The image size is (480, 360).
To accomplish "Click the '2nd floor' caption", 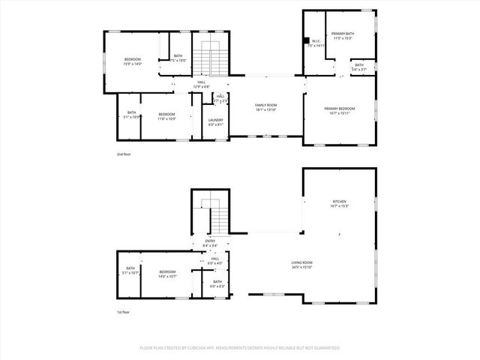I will [124, 154].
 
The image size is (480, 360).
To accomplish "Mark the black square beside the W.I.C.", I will [305, 41].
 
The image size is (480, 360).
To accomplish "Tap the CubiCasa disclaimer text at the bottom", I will [240, 348].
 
